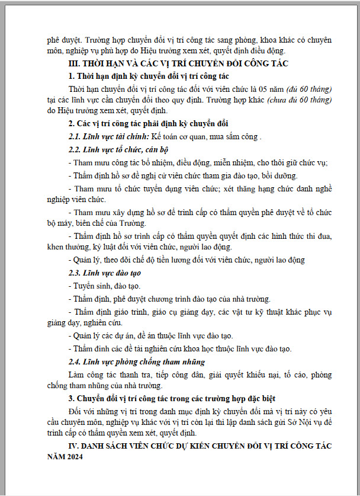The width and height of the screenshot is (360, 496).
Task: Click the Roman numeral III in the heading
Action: coord(74,64)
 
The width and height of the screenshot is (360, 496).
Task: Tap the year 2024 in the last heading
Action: coord(74,457)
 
